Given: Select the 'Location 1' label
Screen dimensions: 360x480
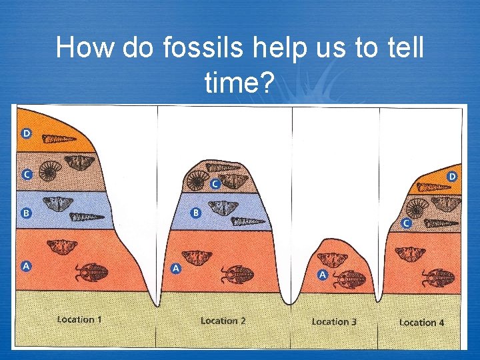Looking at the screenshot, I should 79,319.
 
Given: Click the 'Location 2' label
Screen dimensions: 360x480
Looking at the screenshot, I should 223,321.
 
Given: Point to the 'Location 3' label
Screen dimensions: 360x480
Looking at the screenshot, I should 334,321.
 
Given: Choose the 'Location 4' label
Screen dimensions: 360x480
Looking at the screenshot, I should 421,322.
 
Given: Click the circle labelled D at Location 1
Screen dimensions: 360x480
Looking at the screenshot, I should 27,133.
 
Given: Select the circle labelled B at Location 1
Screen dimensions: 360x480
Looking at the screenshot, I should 27,213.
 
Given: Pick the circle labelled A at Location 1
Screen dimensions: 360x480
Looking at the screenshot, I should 27,266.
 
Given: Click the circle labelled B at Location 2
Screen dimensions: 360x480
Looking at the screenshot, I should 196,213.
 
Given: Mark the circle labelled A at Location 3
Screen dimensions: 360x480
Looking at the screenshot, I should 321,274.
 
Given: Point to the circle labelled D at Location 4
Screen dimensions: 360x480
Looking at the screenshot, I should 452,177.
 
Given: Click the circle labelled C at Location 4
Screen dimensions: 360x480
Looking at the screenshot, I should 406,223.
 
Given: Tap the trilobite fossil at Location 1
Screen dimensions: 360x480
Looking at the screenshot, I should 90,271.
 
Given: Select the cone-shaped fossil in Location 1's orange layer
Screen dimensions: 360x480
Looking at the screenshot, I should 60,139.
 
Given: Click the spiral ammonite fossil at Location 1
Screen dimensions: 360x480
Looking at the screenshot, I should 50,171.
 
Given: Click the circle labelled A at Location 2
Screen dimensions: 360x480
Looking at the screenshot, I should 176,268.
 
